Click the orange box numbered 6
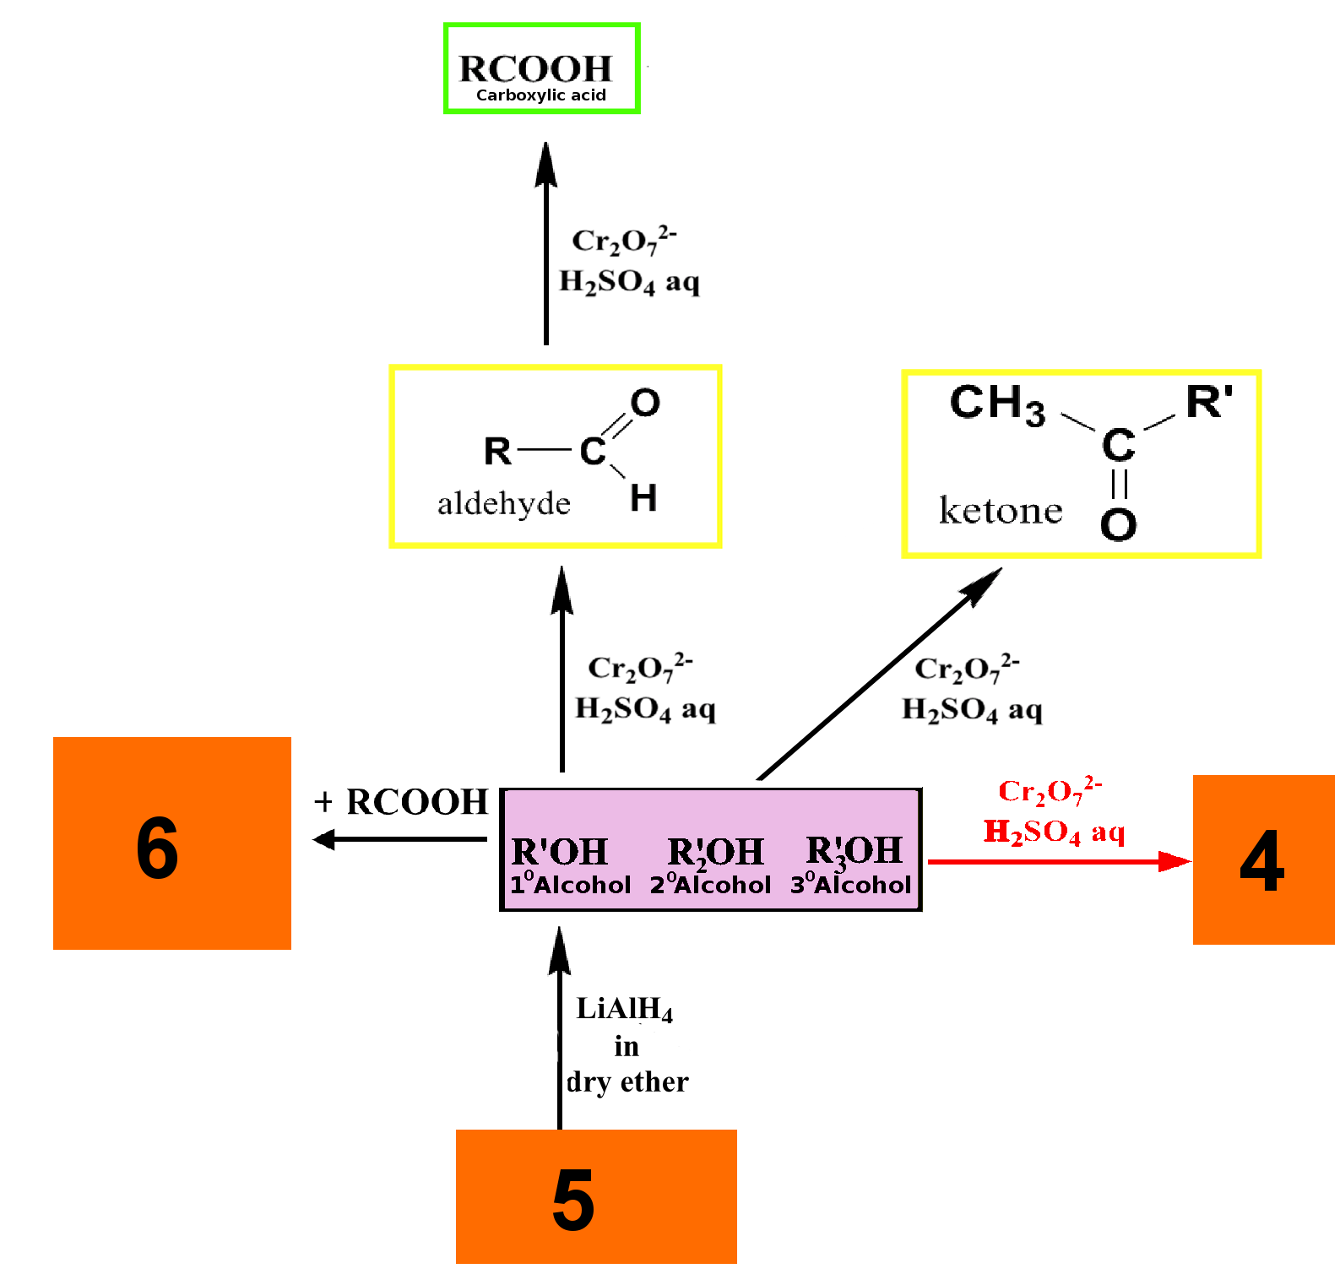[172, 843]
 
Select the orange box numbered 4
[1263, 859]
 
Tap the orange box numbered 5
[596, 1196]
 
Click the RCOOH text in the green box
[535, 68]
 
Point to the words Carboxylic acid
[541, 95]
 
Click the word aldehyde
[504, 503]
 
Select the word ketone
[1001, 511]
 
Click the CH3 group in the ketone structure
[997, 404]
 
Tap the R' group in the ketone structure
[1209, 402]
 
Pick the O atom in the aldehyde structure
[645, 403]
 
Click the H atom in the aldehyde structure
[643, 497]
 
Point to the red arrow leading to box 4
[1060, 861]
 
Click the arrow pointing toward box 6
[399, 839]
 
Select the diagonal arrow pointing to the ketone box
[880, 674]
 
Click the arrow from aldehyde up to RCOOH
[546, 243]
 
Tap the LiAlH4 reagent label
[625, 1009]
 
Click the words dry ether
[627, 1082]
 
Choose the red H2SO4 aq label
[1054, 832]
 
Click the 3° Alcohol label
[851, 884]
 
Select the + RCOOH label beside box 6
[401, 801]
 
